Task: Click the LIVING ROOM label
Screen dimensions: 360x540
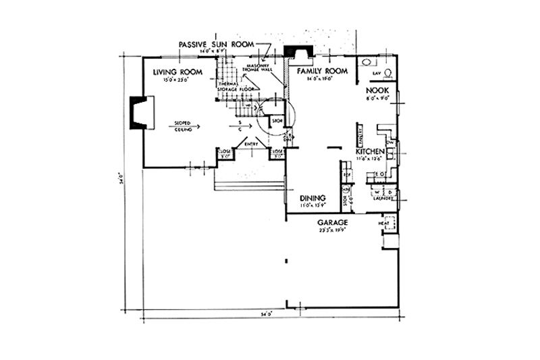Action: (176, 72)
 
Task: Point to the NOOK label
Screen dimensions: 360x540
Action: (377, 89)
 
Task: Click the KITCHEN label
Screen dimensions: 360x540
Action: (371, 151)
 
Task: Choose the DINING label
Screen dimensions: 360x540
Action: (313, 198)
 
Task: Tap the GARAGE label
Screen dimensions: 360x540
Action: (333, 222)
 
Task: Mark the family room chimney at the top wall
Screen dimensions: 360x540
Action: (298, 53)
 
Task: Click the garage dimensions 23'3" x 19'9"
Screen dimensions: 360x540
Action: (333, 230)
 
